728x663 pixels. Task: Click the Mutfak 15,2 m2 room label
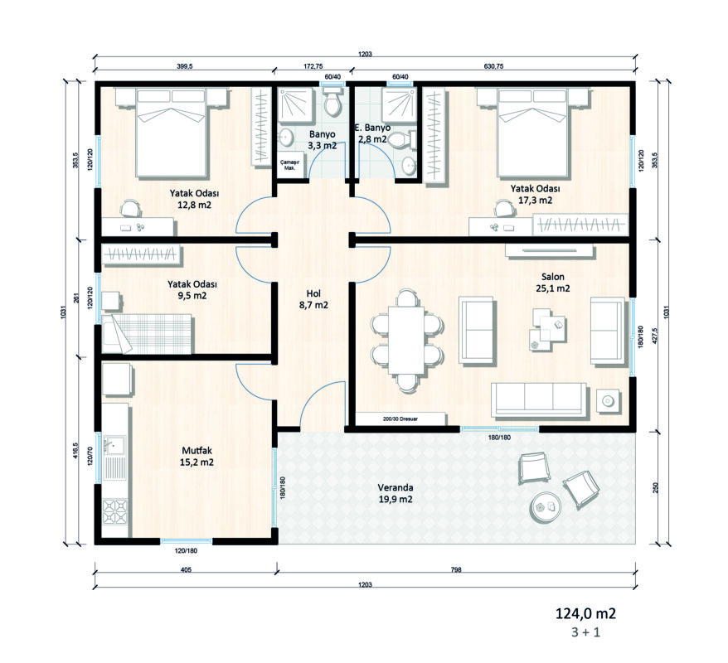click(x=197, y=457)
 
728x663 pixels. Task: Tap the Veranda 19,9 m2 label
click(x=396, y=494)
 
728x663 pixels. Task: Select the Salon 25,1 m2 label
click(x=552, y=283)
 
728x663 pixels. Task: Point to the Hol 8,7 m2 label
click(x=313, y=299)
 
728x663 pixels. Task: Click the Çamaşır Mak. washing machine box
click(x=289, y=165)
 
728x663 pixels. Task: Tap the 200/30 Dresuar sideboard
click(x=400, y=419)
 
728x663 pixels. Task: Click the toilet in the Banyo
click(x=332, y=102)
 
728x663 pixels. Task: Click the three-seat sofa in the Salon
click(x=539, y=399)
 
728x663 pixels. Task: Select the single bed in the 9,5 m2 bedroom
click(x=147, y=334)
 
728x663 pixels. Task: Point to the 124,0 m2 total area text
click(x=586, y=614)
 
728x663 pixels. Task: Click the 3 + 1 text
click(x=586, y=632)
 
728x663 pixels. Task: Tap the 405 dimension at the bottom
click(x=186, y=569)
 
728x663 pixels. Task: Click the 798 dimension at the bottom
click(x=456, y=569)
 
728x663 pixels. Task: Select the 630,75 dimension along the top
click(x=493, y=66)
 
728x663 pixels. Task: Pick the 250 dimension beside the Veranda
click(x=656, y=488)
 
